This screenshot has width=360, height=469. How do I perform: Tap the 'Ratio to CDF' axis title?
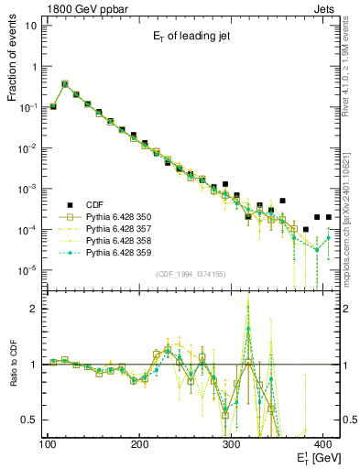click(x=13, y=364)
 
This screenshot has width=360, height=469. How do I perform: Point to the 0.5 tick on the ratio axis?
click(x=30, y=420)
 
